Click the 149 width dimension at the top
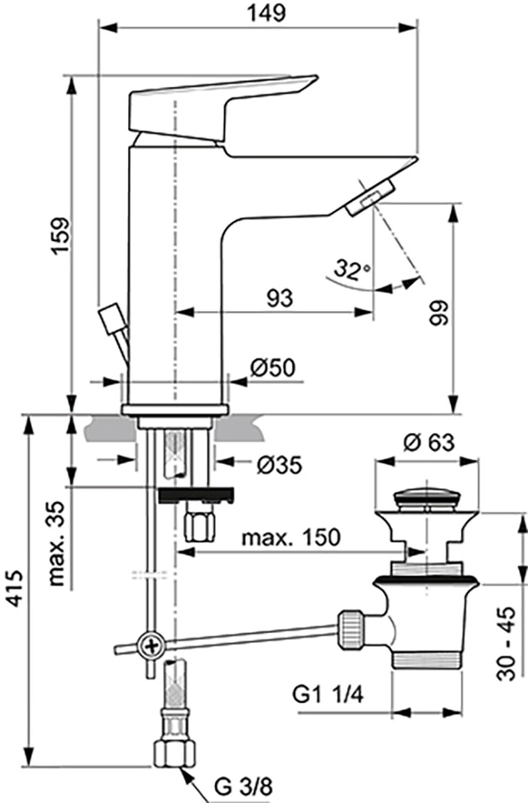[268, 13]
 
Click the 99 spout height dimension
[439, 313]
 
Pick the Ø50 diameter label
[273, 367]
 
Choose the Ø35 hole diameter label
[280, 465]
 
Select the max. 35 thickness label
[56, 544]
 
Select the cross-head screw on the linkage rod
[152, 647]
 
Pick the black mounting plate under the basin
[196, 495]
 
